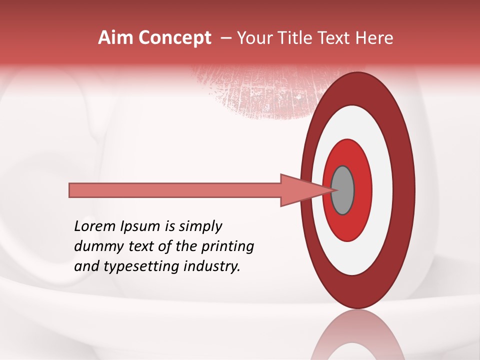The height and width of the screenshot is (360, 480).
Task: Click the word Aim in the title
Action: coord(116,38)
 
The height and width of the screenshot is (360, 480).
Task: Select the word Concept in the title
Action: coord(174,38)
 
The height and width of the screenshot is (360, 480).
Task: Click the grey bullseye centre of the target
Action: coord(342,190)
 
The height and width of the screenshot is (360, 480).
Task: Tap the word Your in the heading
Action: coord(253,38)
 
